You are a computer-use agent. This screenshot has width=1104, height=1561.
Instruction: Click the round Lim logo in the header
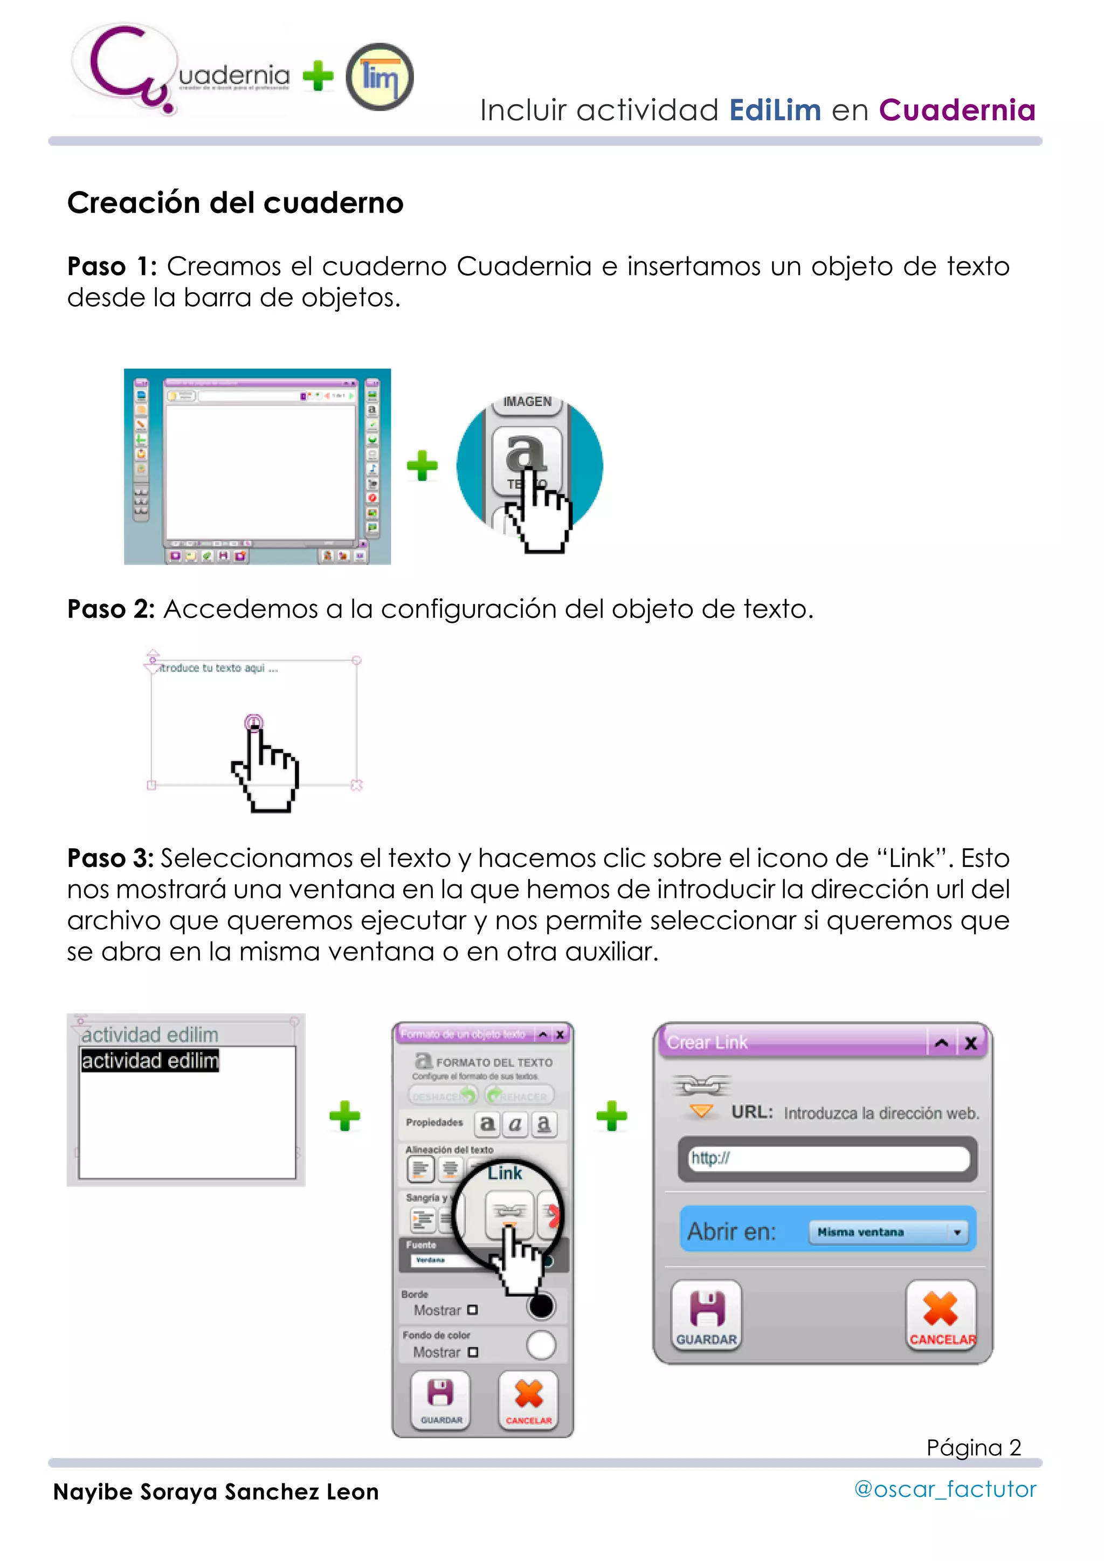379,77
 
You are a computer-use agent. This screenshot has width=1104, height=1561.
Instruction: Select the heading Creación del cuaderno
235,203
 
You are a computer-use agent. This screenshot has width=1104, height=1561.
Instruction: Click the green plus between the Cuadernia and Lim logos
318,75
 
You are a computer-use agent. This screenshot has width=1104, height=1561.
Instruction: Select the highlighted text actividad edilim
149,1061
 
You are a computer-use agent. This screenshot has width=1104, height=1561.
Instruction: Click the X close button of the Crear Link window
971,1043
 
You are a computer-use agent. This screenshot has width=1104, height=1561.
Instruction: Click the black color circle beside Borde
541,1305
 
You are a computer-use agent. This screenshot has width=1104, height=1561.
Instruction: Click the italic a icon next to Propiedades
515,1124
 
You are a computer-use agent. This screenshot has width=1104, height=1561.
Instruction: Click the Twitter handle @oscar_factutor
944,1489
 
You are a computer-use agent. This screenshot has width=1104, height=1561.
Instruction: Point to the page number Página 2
973,1447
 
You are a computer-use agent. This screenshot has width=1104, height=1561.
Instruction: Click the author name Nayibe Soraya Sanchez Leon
216,1491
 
